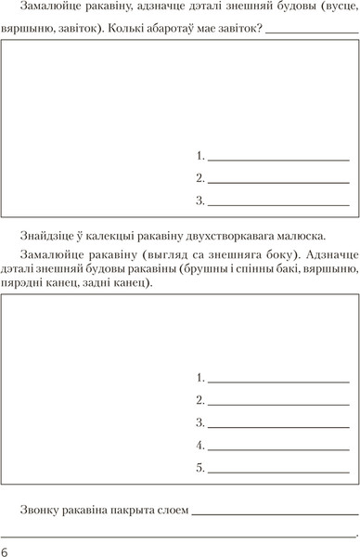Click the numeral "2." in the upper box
pyautogui.click(x=200, y=177)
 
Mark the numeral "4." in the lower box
pyautogui.click(x=200, y=446)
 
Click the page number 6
pyautogui.click(x=6, y=551)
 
